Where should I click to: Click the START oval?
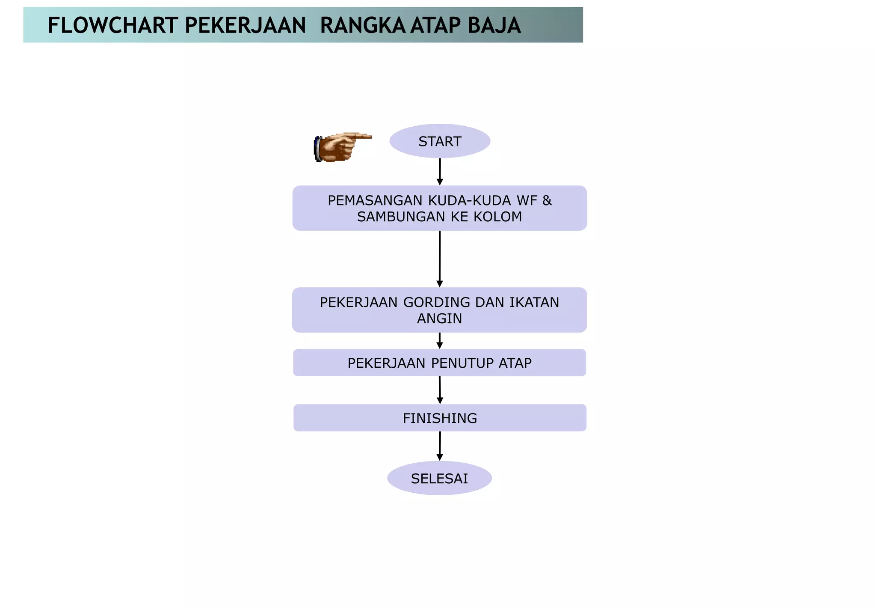[440, 141]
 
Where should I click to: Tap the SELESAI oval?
[439, 478]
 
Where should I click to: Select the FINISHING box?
[440, 418]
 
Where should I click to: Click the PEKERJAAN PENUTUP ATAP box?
[439, 363]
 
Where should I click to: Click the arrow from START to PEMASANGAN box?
[440, 172]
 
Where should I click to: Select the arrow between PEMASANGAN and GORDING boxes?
[440, 259]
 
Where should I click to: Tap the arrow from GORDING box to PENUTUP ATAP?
[440, 341]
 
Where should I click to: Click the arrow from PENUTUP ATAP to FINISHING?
[440, 390]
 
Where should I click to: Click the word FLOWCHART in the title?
[112, 25]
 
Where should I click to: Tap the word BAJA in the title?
[494, 25]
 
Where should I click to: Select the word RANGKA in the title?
[363, 25]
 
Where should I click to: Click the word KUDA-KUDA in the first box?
[469, 200]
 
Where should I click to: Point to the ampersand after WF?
[547, 200]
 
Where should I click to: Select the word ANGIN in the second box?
[439, 318]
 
